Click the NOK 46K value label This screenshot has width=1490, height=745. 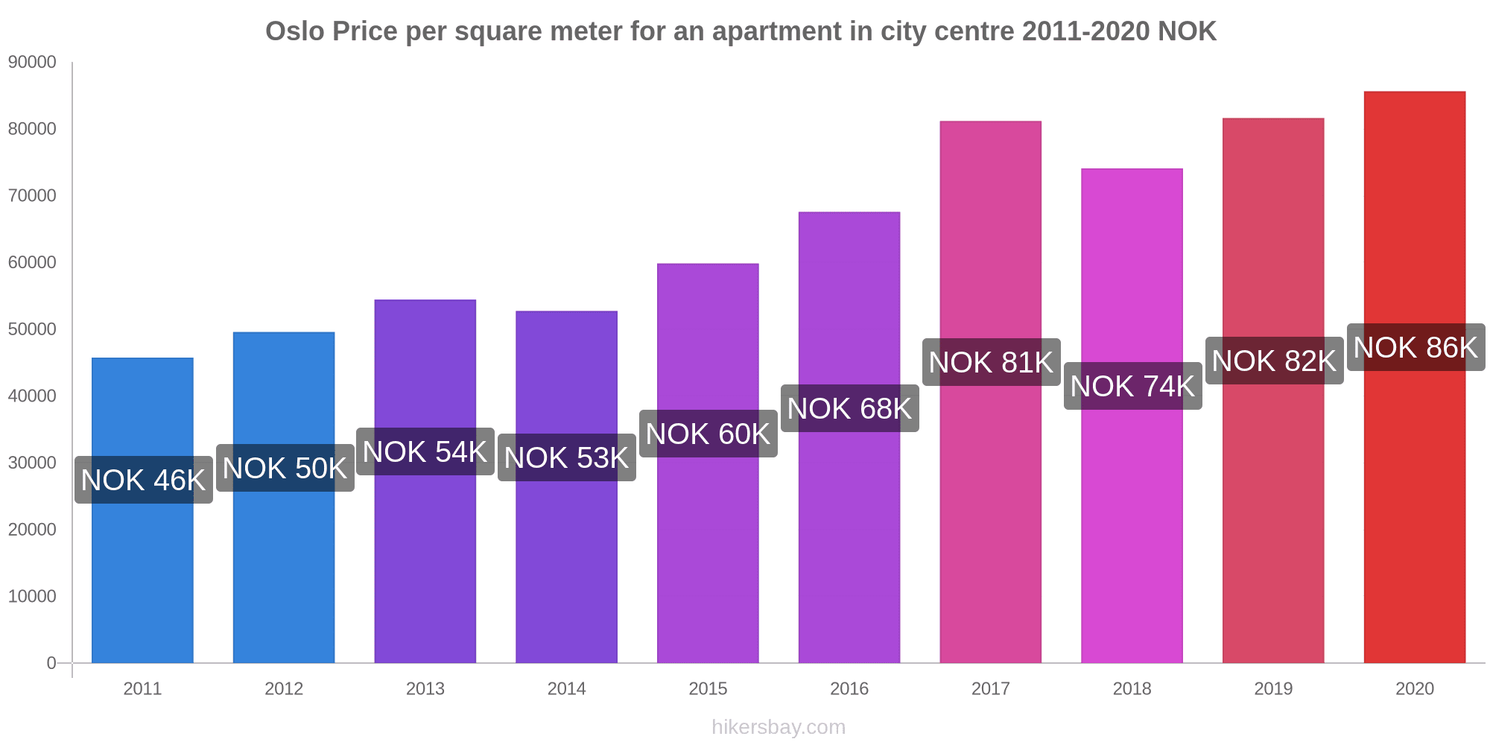pyautogui.click(x=143, y=480)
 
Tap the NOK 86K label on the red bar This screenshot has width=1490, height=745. pyautogui.click(x=1415, y=347)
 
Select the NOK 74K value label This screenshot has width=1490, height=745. pyautogui.click(x=1132, y=386)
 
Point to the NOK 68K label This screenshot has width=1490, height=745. pyautogui.click(x=849, y=408)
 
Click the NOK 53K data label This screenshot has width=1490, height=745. pyautogui.click(x=566, y=457)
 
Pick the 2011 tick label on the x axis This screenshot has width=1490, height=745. pyautogui.click(x=142, y=688)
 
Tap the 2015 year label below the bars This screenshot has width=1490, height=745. pyautogui.click(x=708, y=688)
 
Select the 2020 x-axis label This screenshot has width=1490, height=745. pyautogui.click(x=1414, y=688)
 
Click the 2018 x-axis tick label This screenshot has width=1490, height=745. pyautogui.click(x=1132, y=688)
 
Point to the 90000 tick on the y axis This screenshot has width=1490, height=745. pyautogui.click(x=32, y=63)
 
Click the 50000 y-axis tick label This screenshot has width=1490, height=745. pyautogui.click(x=32, y=329)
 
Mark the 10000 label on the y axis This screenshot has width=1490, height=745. pyautogui.click(x=32, y=596)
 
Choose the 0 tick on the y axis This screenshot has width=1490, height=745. pyautogui.click(x=51, y=663)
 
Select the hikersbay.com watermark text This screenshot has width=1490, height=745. pyautogui.click(x=779, y=727)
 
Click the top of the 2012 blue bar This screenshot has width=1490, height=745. pyautogui.click(x=284, y=333)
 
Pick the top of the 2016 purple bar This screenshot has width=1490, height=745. pyautogui.click(x=849, y=213)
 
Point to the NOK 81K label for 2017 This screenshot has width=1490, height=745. pyautogui.click(x=991, y=362)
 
